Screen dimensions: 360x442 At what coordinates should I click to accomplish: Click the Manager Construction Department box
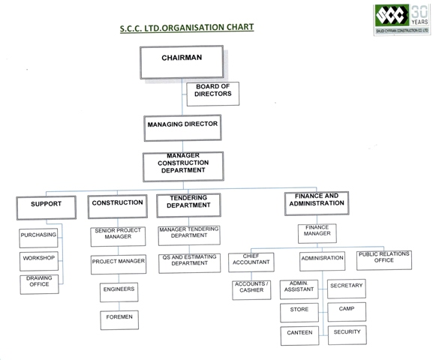point(183,165)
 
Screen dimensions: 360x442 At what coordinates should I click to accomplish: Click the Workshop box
point(38,259)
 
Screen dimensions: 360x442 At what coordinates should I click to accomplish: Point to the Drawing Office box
point(38,283)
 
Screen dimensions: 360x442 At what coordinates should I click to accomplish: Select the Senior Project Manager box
point(118,235)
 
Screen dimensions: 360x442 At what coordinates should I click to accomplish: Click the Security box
point(347,333)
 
